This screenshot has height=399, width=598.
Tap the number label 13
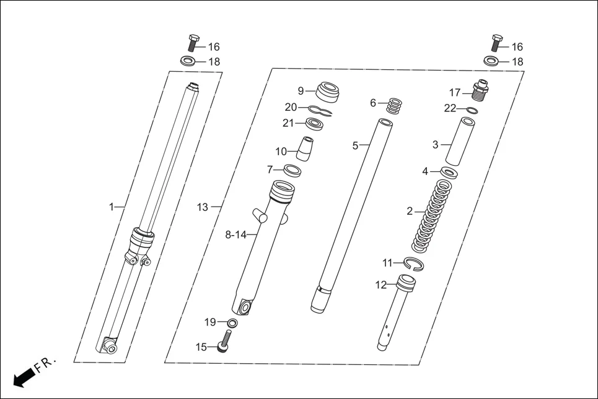tap(203, 207)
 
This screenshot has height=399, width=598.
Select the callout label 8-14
tap(235, 235)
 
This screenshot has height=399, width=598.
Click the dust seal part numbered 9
tap(329, 92)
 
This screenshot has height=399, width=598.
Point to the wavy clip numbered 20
tap(320, 111)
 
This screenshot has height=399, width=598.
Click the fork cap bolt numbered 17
tap(481, 92)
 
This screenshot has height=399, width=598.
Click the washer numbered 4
tap(450, 171)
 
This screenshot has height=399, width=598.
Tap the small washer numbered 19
tap(232, 322)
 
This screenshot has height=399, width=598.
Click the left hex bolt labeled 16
tap(192, 43)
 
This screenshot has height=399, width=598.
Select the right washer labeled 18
tap(491, 61)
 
